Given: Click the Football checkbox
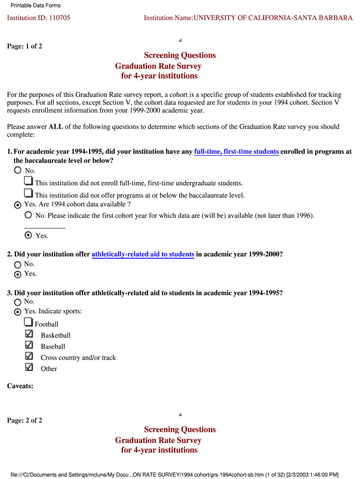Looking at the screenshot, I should point(29,322).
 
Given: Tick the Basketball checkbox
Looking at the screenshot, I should point(29,334).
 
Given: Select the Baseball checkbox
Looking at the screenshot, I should point(29,345).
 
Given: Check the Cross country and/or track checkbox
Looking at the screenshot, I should point(29,356).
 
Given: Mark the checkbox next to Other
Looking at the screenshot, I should point(29,368).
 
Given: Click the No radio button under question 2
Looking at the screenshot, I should point(18,264).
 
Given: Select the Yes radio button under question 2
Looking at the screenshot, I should point(18,274).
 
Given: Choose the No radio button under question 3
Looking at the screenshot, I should point(18,302).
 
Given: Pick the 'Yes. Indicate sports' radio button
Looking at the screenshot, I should point(18,312).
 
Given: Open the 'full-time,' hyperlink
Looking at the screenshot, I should point(208,152).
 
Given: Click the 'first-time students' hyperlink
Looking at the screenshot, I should point(251,152).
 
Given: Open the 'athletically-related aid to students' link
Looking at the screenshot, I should point(143,254).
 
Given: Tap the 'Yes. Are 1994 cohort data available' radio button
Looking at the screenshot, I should point(18,205).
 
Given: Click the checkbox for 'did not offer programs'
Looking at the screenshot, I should point(29,193).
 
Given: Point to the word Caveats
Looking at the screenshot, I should point(20,386).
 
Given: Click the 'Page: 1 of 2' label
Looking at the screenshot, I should point(24,46).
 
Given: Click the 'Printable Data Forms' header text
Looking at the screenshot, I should point(36,6).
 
